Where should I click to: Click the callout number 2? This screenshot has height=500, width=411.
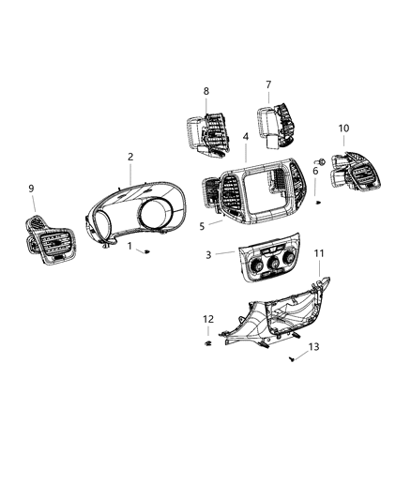pyautogui.click(x=130, y=157)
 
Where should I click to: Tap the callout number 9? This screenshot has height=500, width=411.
pyautogui.click(x=31, y=189)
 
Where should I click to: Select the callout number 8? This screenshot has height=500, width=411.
pyautogui.click(x=206, y=91)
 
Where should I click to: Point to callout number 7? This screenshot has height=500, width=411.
pyautogui.click(x=268, y=84)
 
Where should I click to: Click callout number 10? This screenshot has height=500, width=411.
pyautogui.click(x=343, y=128)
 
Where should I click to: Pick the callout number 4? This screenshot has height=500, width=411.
pyautogui.click(x=246, y=137)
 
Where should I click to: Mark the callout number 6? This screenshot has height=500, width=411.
pyautogui.click(x=315, y=171)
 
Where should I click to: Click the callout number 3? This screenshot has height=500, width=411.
pyautogui.click(x=209, y=254)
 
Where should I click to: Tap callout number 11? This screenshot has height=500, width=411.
pyautogui.click(x=319, y=253)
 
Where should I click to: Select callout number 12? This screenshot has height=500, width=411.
pyautogui.click(x=208, y=319)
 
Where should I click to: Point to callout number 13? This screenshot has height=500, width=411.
pyautogui.click(x=314, y=346)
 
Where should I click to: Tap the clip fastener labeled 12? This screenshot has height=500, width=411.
pyautogui.click(x=206, y=345)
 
